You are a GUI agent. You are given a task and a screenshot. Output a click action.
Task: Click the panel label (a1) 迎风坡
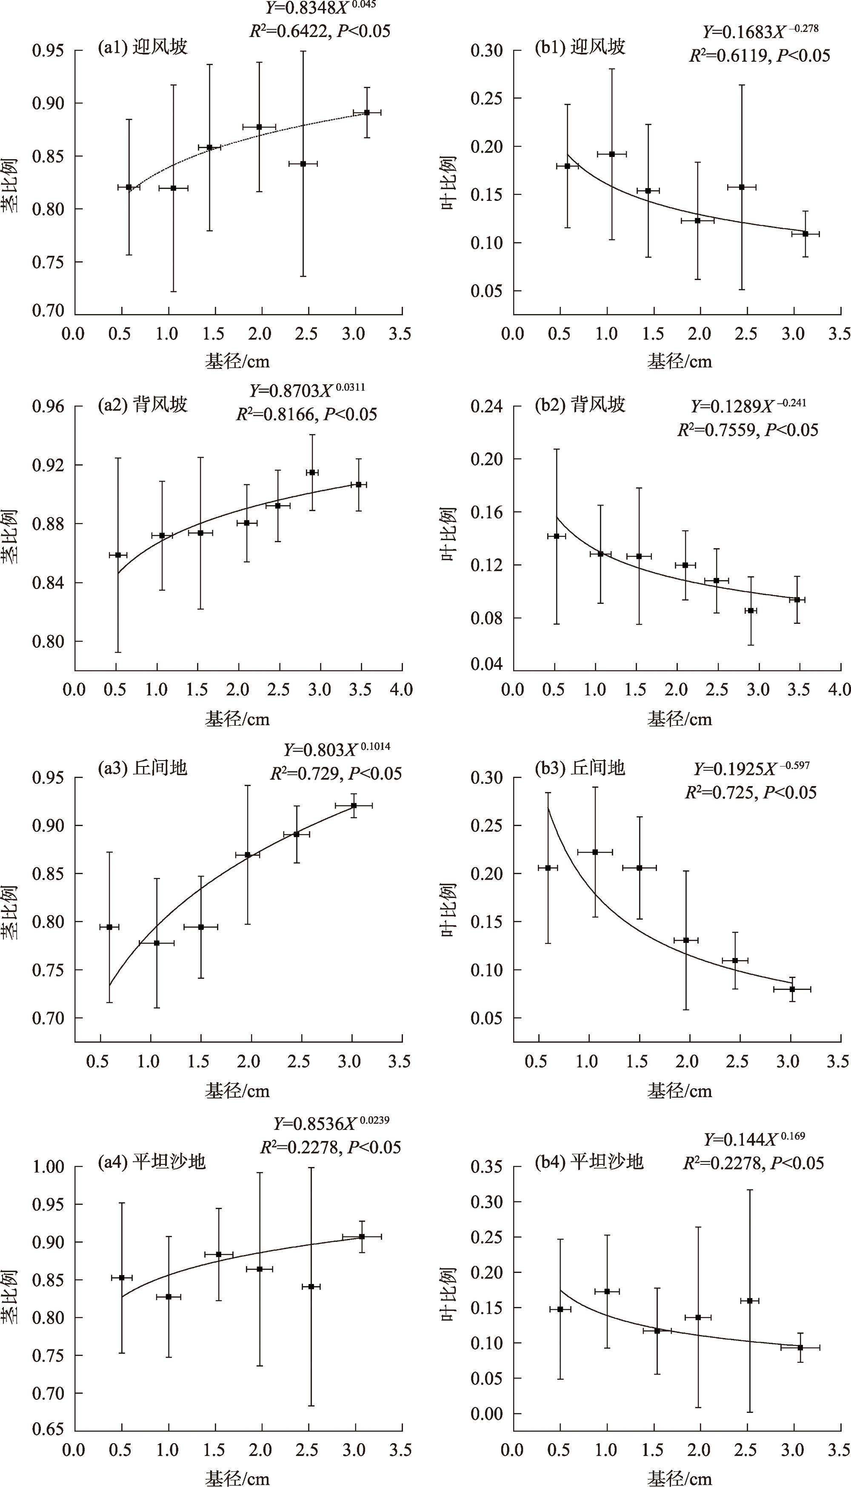(x=142, y=47)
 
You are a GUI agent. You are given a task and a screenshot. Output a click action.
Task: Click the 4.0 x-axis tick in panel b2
(x=840, y=690)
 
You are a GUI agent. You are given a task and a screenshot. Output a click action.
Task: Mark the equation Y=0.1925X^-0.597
(x=751, y=769)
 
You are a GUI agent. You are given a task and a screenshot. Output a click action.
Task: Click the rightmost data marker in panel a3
(x=354, y=806)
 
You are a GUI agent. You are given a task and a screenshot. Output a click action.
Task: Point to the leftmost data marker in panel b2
(x=557, y=536)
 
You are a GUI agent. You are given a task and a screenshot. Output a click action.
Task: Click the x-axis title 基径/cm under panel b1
(x=680, y=362)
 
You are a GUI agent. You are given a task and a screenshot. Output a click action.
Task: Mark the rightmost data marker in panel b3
(x=792, y=989)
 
